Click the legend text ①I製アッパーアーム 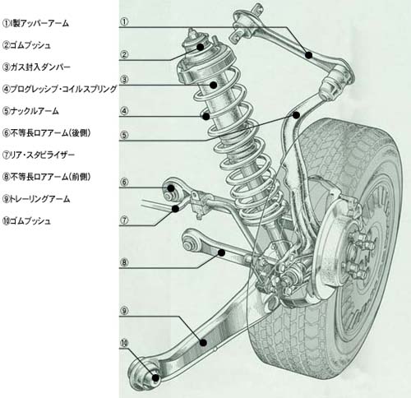(35, 23)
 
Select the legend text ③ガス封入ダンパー (36, 67)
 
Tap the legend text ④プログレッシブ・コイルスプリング (60, 89)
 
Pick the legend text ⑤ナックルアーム (30, 111)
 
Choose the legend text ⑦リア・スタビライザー (39, 155)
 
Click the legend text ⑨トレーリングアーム (36, 199)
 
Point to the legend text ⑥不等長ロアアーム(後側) (46, 133)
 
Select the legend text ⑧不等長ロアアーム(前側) (46, 177)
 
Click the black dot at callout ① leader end (309, 55)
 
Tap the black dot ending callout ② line (201, 47)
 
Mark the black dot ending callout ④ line (206, 116)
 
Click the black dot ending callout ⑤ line (296, 115)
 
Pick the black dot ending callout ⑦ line (176, 209)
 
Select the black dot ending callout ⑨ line (203, 342)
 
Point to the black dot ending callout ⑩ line (155, 378)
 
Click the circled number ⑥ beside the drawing (124, 182)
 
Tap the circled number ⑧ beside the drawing (124, 262)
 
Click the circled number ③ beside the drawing (124, 80)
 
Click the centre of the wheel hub (357, 252)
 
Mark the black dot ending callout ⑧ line (222, 252)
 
